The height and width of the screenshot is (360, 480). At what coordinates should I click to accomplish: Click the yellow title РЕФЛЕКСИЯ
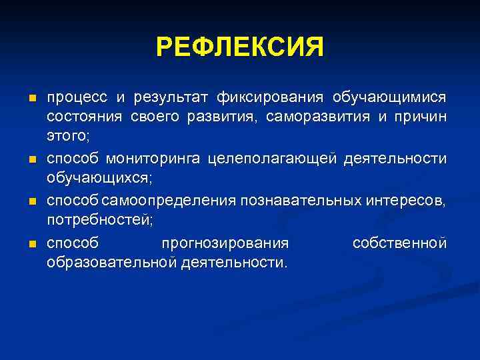[240, 47]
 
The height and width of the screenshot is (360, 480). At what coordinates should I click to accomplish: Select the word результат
[169, 99]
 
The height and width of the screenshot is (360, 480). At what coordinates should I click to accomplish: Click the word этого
[67, 138]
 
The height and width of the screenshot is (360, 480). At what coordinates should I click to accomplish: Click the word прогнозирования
[225, 243]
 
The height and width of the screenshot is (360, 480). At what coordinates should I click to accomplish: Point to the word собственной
[399, 243]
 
